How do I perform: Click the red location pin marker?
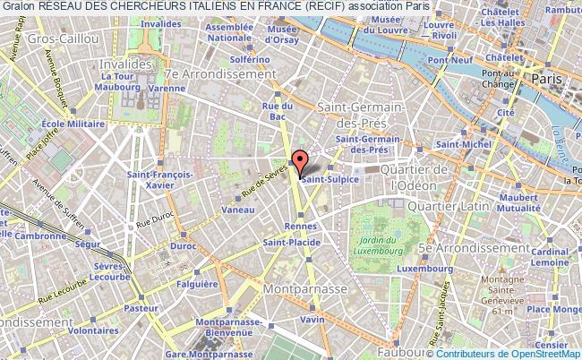tap(301, 163)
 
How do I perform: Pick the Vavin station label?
tap(312, 320)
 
